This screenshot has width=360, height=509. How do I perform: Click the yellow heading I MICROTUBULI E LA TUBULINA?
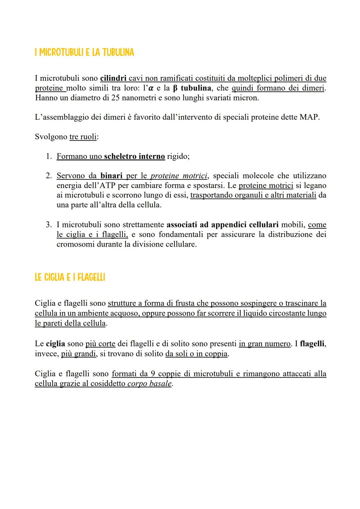(84, 52)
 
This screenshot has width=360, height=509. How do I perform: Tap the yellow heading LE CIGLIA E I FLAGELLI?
(70, 277)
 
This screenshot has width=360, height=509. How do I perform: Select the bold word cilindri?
(113, 78)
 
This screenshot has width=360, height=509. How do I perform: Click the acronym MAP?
(309, 117)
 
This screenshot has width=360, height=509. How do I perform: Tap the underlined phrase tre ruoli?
(83, 137)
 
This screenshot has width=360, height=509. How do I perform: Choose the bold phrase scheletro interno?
(134, 156)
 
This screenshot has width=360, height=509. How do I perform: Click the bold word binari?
(111, 176)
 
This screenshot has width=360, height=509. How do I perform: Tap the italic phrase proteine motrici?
(179, 176)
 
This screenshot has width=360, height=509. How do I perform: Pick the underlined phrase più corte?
(100, 344)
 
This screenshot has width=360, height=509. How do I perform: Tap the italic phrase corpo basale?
(150, 383)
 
